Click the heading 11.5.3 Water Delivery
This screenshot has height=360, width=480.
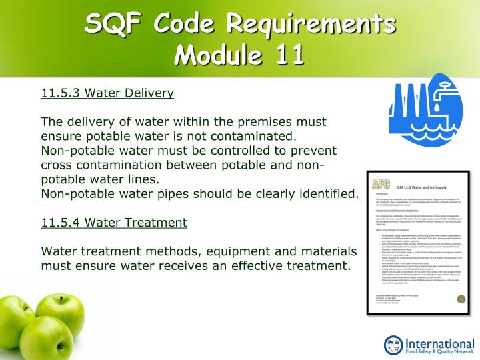pos(107,93)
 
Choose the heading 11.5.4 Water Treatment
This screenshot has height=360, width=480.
pos(114,223)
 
